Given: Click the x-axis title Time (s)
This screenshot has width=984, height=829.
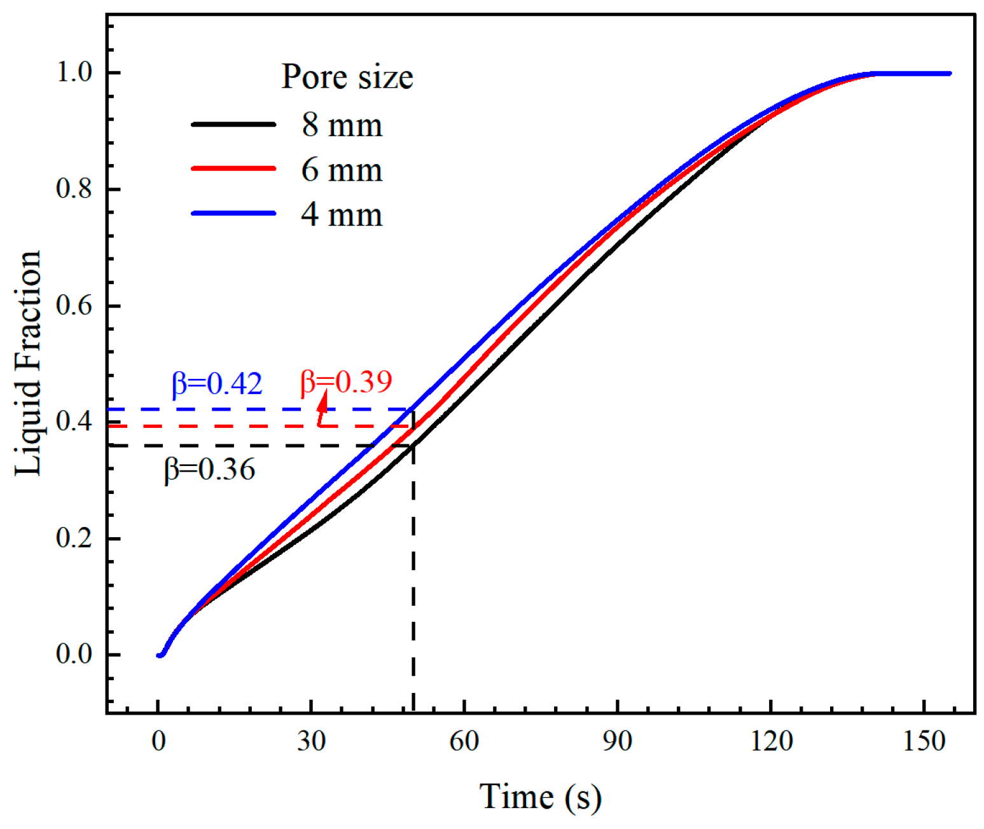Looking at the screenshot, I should pyautogui.click(x=539, y=797).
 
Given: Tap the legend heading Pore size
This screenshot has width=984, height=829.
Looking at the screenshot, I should pyautogui.click(x=347, y=77).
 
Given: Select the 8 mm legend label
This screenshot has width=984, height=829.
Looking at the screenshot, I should pyautogui.click(x=342, y=125).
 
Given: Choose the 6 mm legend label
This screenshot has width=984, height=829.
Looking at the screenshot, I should pyautogui.click(x=342, y=170).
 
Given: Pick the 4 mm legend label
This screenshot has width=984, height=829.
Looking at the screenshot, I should pyautogui.click(x=342, y=214).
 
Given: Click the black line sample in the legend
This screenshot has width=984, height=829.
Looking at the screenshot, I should pyautogui.click(x=233, y=125).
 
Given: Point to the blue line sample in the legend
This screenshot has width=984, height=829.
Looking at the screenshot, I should pyautogui.click(x=233, y=214).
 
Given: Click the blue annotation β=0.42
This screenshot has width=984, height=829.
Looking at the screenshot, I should pyautogui.click(x=217, y=384).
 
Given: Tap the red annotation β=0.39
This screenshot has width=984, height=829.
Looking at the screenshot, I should pyautogui.click(x=346, y=381).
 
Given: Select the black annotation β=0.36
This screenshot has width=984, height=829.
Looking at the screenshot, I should pyautogui.click(x=210, y=469).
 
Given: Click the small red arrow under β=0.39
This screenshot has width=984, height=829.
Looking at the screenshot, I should pyautogui.click(x=322, y=409).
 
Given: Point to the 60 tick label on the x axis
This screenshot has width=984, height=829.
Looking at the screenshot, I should pyautogui.click(x=464, y=741).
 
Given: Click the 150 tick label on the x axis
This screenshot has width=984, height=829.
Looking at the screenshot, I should pyautogui.click(x=924, y=741).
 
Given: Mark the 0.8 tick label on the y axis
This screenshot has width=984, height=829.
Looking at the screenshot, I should pyautogui.click(x=74, y=189).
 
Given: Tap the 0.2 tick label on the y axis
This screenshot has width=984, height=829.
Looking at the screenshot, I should pyautogui.click(x=74, y=538).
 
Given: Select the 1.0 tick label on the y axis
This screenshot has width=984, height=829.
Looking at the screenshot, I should pyautogui.click(x=74, y=72).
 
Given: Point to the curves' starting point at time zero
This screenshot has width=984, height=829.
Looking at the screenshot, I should pyautogui.click(x=160, y=654).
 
